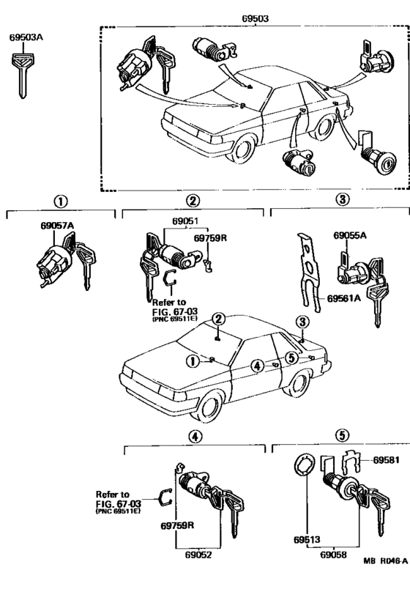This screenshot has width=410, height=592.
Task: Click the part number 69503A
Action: coord(26,37)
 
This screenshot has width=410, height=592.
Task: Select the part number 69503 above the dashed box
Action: coord(256,18)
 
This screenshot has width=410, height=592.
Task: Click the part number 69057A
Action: coord(57,226)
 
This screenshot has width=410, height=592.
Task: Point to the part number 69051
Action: coord(185,221)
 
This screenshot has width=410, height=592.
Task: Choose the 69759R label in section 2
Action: coord(210,238)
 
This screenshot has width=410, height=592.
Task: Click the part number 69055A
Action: coord(350,236)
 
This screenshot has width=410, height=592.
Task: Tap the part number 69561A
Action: coord(343,298)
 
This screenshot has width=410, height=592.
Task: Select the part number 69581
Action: coord(386,460)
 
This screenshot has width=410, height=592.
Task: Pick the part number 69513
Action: coord(307,539)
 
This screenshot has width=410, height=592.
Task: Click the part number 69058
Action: coord(333,555)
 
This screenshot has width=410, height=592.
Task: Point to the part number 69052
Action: coord(198,555)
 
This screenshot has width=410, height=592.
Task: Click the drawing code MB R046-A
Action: coord(386,561)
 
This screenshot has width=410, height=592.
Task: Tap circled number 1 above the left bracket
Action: coord(61,201)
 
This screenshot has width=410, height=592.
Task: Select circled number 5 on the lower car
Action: coord(291,358)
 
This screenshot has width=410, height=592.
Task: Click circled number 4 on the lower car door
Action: coord(257,366)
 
